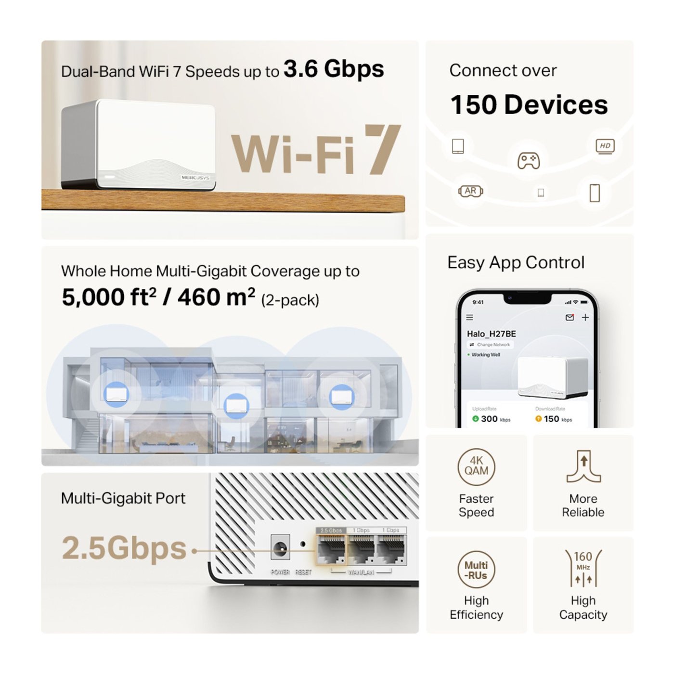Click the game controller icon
pos(528,160)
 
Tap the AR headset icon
pos(470,191)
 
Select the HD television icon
pos(605,146)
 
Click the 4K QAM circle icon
pos(476,467)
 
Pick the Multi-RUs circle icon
pos(476,570)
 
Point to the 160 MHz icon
pos(583,569)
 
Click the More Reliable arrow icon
pos(583,467)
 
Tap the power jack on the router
pos(280,548)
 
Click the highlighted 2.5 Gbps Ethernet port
pos(331,549)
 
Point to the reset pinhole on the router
pos(303,544)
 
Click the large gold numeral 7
pos(382,149)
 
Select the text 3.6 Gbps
pos(334,69)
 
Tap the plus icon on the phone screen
pos(585,317)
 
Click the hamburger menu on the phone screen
pos(469,318)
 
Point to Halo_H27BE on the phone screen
pos(491,334)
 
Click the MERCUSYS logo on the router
pos(195,178)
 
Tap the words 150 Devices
pos(529,105)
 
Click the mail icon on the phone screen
pos(570,317)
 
